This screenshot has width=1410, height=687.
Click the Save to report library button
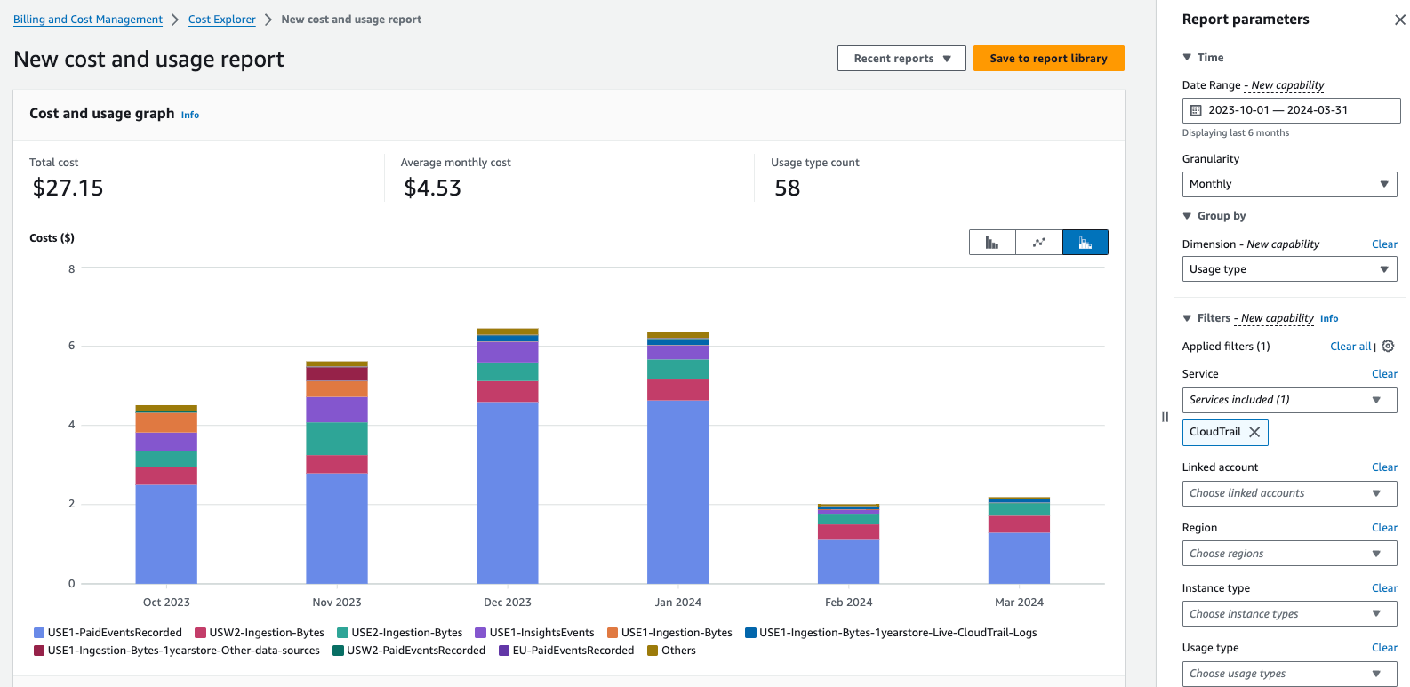tap(1048, 59)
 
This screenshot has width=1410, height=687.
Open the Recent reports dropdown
tap(901, 59)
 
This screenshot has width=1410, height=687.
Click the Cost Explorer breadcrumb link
tap(221, 20)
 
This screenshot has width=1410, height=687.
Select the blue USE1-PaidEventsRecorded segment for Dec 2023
tap(507, 493)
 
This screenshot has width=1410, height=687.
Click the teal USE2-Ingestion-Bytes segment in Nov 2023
tap(337, 439)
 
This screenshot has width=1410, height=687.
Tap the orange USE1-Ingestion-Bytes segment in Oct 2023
tap(166, 423)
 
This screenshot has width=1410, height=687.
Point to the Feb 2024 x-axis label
tap(848, 603)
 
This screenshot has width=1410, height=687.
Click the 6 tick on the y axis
tap(72, 346)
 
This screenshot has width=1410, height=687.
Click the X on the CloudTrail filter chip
tap(1254, 432)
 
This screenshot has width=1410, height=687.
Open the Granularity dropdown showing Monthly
tap(1288, 184)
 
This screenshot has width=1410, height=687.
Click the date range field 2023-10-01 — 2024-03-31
tap(1290, 110)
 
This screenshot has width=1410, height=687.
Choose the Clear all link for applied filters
tap(1350, 347)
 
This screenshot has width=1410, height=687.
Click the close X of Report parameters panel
tap(1399, 20)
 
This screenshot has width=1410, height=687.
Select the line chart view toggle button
tap(1038, 243)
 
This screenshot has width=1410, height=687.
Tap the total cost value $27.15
tap(68, 188)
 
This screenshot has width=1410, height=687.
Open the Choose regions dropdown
tap(1288, 554)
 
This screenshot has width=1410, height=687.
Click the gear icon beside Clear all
tap(1388, 347)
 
